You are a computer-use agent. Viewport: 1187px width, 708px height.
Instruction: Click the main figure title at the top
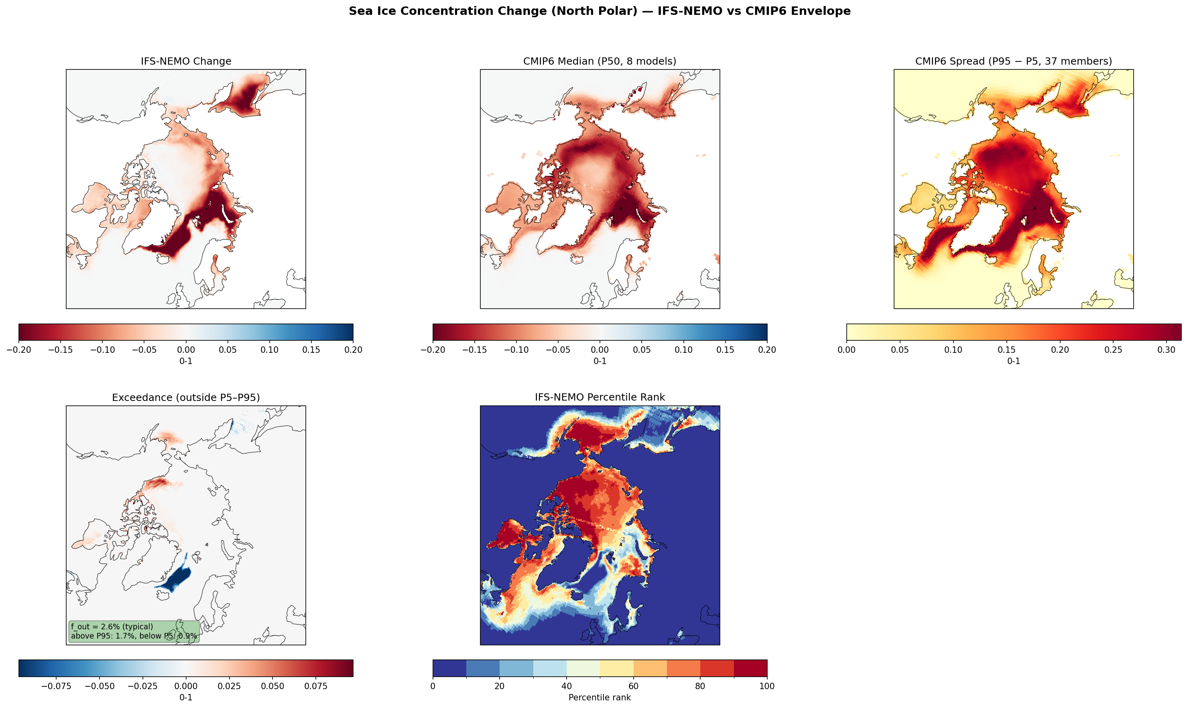tap(600, 11)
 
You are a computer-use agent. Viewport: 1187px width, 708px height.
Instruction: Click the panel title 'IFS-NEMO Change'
tap(185, 61)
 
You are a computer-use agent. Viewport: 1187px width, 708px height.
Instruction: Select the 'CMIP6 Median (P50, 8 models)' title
tap(600, 61)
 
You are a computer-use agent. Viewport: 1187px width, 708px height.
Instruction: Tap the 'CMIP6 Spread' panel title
tap(1013, 61)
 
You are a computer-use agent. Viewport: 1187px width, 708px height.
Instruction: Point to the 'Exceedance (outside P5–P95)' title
tap(185, 397)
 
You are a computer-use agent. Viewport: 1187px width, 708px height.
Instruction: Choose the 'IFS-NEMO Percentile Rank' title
tap(600, 397)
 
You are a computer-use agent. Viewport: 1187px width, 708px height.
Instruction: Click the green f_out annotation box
tap(134, 631)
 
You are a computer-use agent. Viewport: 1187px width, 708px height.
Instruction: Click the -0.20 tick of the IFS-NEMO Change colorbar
tap(19, 350)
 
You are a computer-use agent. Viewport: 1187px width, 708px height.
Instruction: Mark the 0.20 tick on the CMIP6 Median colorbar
tap(767, 350)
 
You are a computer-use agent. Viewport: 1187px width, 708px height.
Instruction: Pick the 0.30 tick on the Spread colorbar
tap(1167, 350)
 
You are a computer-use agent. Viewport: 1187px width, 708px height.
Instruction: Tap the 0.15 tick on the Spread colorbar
tap(1006, 350)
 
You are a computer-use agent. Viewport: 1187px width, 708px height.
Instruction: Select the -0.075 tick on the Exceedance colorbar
tap(56, 686)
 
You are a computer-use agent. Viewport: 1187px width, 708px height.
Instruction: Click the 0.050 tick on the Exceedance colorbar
tap(272, 686)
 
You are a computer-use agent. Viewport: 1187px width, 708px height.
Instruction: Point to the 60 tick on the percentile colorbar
tap(633, 686)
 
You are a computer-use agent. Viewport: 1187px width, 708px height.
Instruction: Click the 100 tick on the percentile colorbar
tap(767, 686)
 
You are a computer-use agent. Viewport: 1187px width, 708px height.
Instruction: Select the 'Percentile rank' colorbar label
tap(600, 698)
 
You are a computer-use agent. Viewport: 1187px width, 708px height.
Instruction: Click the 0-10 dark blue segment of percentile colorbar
tap(449, 668)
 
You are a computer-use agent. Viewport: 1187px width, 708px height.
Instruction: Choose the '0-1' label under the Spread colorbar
tap(1013, 361)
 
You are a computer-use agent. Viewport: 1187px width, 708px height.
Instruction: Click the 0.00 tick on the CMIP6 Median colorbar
tap(600, 350)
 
